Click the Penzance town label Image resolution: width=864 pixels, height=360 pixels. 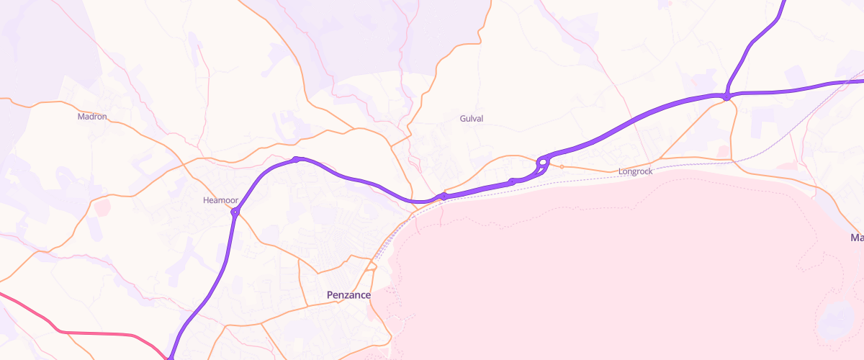(x=348, y=295)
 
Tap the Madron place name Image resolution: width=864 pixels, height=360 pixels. (x=91, y=116)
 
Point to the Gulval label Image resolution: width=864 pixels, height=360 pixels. (x=471, y=118)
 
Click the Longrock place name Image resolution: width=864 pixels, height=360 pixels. (x=635, y=171)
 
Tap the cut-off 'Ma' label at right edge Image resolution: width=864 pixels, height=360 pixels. (x=856, y=238)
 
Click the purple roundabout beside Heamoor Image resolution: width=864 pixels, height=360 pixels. (x=235, y=212)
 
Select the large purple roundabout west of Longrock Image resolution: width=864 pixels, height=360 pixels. (x=543, y=163)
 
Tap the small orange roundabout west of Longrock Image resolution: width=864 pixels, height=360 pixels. (x=562, y=167)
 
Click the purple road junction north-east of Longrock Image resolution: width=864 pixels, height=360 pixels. (x=726, y=96)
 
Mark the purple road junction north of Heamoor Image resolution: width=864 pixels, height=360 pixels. (x=296, y=159)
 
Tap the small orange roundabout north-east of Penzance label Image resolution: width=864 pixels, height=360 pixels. (x=372, y=267)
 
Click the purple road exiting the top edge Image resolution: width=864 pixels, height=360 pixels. (x=783, y=6)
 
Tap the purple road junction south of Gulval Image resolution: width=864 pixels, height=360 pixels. (x=443, y=196)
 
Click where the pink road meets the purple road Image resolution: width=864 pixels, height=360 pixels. (x=171, y=356)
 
